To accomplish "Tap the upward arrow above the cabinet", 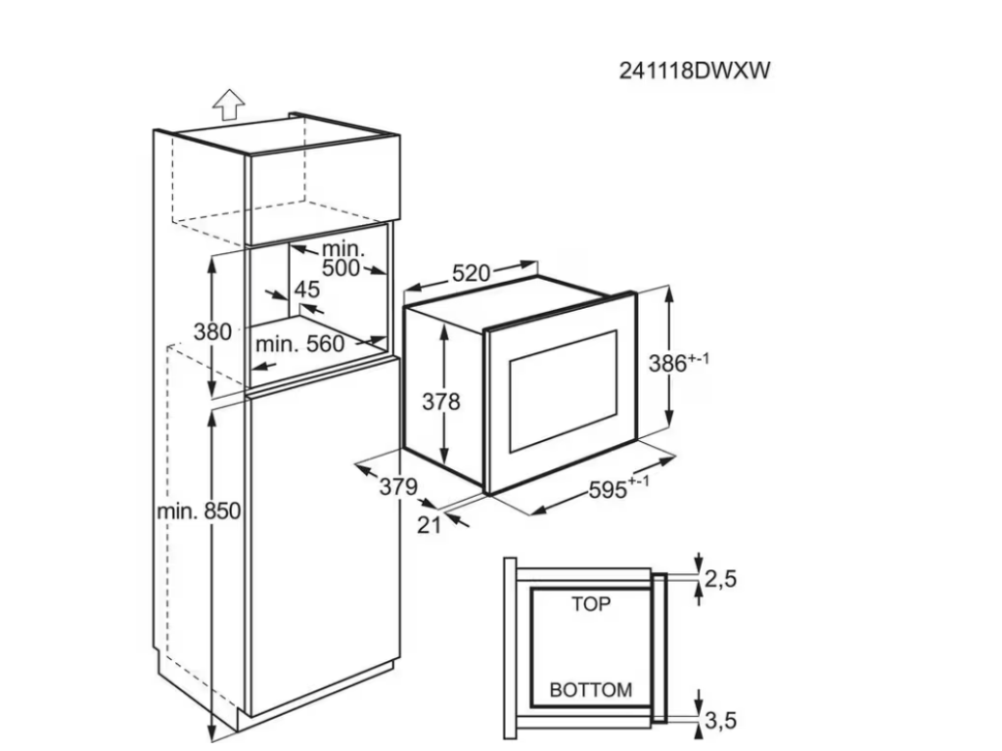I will coord(227,102).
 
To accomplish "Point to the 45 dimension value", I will coord(307,289).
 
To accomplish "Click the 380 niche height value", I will coord(212,331).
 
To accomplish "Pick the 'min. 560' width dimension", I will coord(299,344).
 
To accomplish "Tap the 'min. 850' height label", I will coord(199,510).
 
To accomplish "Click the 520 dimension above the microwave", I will coord(470,274).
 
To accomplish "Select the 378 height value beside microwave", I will coord(440,401).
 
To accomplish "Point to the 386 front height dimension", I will coord(679,363).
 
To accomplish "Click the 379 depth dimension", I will coord(399,486).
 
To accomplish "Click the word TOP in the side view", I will coord(590,604).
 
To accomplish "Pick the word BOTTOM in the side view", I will coord(590,689).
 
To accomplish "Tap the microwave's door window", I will coord(563,389).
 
